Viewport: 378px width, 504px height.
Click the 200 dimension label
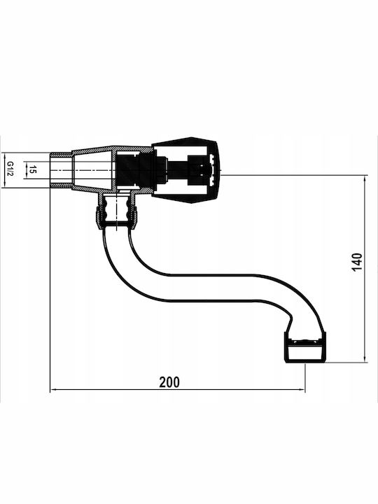point(169,382)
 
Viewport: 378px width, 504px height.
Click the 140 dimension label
point(357,262)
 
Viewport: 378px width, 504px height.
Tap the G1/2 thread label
point(10,169)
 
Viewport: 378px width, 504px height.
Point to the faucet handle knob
point(185,170)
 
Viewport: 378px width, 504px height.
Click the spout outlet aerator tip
point(305,347)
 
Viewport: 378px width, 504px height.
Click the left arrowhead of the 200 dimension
point(53,390)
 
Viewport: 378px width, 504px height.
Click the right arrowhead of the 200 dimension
point(302,390)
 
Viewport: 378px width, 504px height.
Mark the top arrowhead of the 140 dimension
point(365,179)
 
